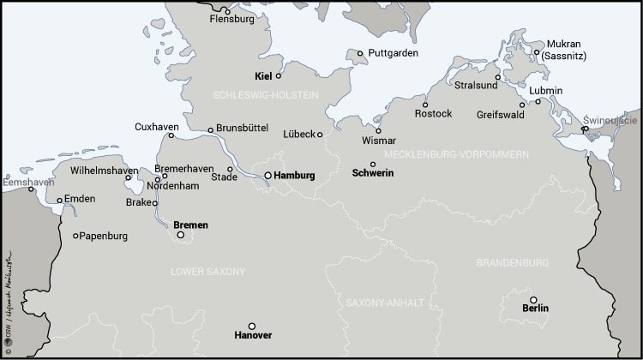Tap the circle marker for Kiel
tap(279, 75)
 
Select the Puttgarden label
tap(394, 52)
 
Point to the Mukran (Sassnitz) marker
tap(538, 52)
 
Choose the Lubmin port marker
tap(538, 101)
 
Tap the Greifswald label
tap(499, 113)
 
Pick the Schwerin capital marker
tap(373, 165)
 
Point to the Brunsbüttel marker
tap(211, 130)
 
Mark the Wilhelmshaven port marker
tap(128, 178)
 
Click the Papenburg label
tap(103, 236)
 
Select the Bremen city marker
tap(181, 235)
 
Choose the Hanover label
tap(252, 336)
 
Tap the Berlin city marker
tap(533, 300)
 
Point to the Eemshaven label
tap(28, 182)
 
